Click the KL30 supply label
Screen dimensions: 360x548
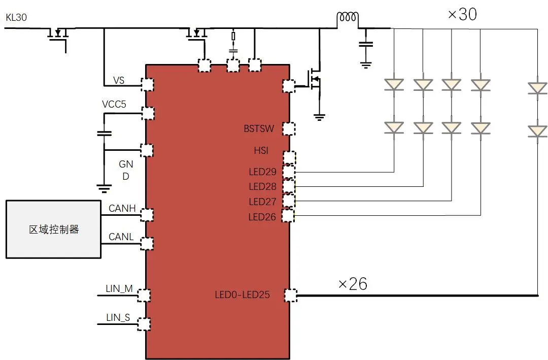tap(16, 18)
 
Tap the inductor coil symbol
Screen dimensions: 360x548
tap(348, 18)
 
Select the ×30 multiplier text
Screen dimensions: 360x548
tap(462, 14)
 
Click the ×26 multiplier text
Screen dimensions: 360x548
tap(353, 283)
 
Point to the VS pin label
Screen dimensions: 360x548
tap(119, 80)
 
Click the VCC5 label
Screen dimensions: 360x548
tap(114, 104)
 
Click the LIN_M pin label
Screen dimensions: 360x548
tap(119, 288)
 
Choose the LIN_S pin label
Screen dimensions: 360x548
tap(118, 318)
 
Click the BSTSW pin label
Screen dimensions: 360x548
tap(259, 129)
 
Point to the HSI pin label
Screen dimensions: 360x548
tap(261, 151)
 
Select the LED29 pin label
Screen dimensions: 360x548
tap(262, 172)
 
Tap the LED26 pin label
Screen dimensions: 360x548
tap(262, 217)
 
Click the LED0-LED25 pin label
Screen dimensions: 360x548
tap(243, 294)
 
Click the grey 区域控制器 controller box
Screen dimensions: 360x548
tap(53, 229)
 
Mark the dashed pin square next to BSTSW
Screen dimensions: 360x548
tap(288, 128)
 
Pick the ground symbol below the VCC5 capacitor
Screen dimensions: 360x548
tap(104, 189)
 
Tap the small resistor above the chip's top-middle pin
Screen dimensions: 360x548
tap(233, 37)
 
